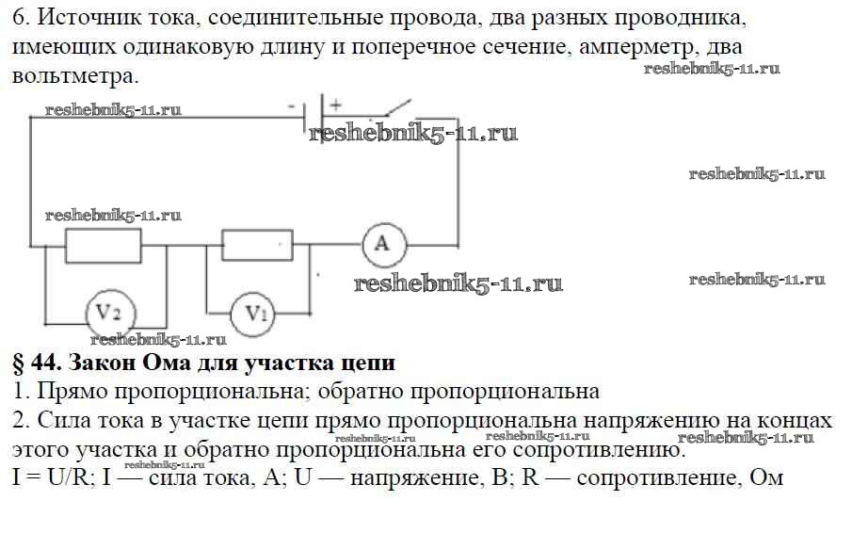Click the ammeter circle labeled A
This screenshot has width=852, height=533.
[384, 244]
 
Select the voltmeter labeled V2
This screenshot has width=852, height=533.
[110, 312]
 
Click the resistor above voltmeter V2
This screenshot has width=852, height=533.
[103, 246]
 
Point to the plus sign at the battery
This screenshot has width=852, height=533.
[335, 105]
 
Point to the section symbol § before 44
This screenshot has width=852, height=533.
[21, 363]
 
